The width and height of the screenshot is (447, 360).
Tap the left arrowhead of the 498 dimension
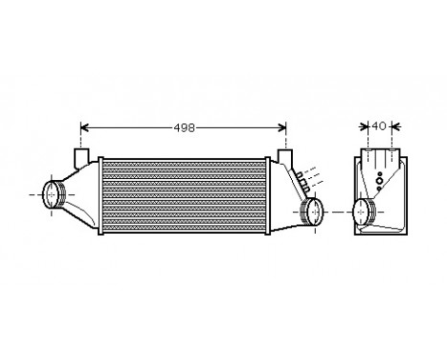(x=83, y=125)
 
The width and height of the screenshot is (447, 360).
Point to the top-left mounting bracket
(x=82, y=155)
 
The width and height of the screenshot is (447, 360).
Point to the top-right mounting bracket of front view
(x=284, y=156)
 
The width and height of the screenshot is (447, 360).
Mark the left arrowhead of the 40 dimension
(x=363, y=125)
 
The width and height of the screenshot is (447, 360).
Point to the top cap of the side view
(x=381, y=155)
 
